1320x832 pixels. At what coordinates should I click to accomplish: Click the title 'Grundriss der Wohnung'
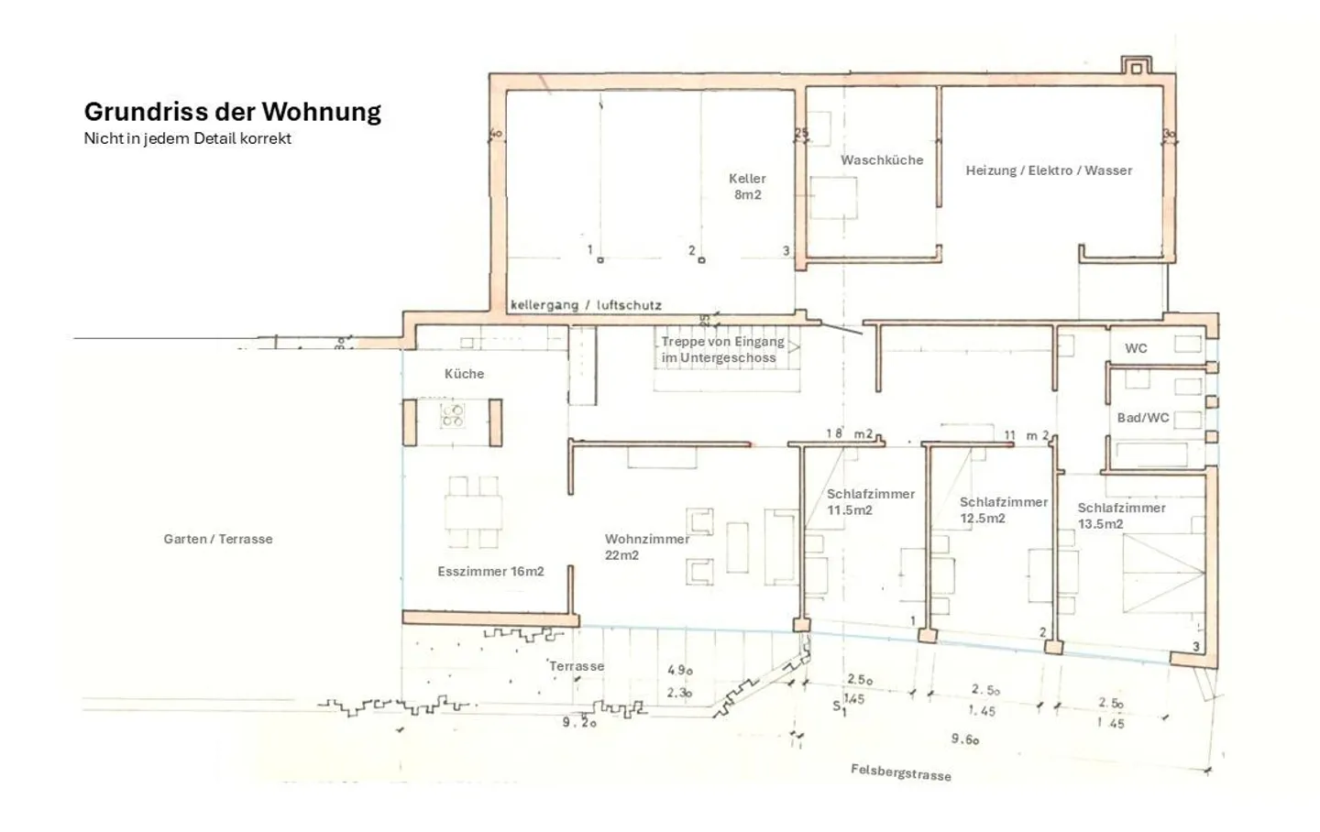[x=233, y=112]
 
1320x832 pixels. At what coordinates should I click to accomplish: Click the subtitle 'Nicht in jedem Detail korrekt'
[x=187, y=138]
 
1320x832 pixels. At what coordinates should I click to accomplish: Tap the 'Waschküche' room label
[x=882, y=160]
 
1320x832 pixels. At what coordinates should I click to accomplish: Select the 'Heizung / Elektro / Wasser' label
[x=1049, y=170]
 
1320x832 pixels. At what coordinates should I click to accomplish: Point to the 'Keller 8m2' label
[x=747, y=187]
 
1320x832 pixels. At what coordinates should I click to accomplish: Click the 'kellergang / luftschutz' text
[x=586, y=305]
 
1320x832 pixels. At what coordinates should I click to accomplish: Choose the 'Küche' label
[x=464, y=374]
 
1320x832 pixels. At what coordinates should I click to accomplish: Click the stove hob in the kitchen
[x=452, y=415]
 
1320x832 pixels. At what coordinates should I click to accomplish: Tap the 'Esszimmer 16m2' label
[x=490, y=572]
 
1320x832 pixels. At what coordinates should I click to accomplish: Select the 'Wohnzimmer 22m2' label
[x=646, y=547]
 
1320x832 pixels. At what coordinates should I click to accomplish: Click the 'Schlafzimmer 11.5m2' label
[x=870, y=502]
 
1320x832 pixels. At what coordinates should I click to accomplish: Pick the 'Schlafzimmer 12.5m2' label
[x=1003, y=510]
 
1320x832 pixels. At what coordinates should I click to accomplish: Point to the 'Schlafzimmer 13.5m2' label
[x=1121, y=516]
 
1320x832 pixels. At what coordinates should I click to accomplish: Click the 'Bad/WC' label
[x=1142, y=418]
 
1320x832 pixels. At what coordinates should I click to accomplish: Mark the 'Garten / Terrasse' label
[x=218, y=539]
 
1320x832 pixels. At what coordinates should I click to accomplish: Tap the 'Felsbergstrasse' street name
[x=900, y=772]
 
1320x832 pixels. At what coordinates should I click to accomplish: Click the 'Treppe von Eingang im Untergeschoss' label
[x=722, y=350]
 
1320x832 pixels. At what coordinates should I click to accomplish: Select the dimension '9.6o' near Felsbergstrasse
[x=965, y=739]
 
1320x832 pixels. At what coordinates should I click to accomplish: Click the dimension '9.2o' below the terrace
[x=579, y=722]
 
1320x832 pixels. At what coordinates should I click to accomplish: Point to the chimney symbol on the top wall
[x=1136, y=66]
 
